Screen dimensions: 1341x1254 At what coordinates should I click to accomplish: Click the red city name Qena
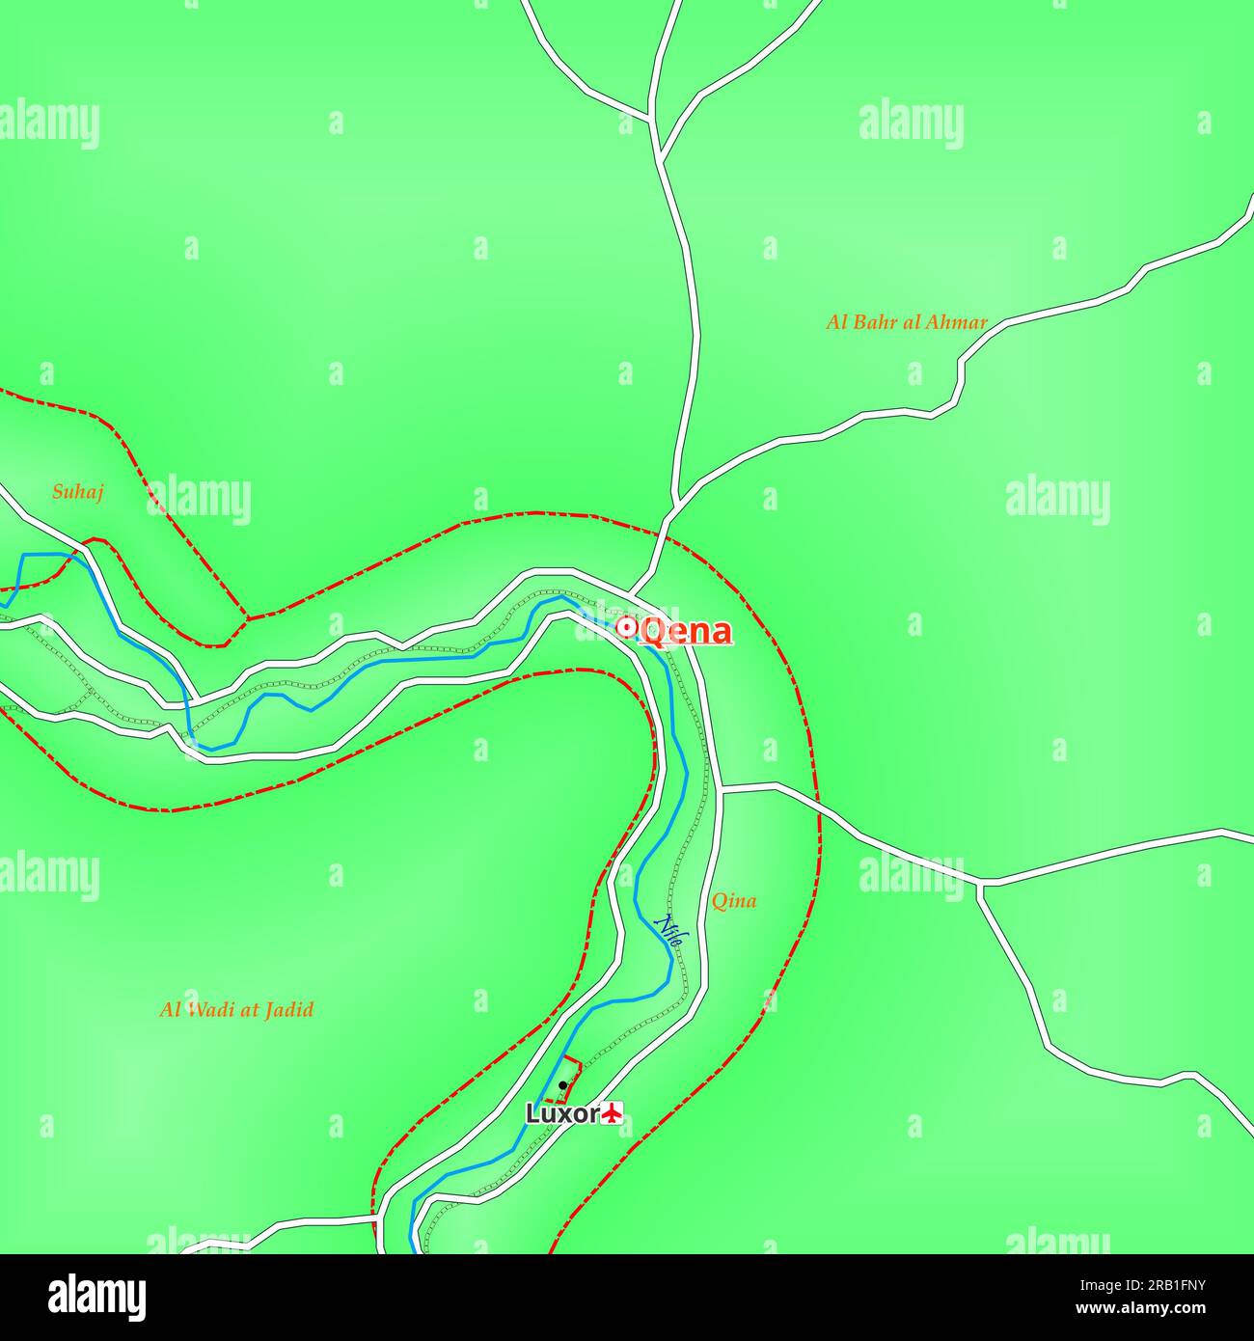pyautogui.click(x=685, y=631)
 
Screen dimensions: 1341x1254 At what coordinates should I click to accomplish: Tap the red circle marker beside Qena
pyautogui.click(x=626, y=629)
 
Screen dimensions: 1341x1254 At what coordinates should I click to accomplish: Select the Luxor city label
pyautogui.click(x=562, y=1113)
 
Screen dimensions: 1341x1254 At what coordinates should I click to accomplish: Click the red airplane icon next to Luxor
pyautogui.click(x=612, y=1113)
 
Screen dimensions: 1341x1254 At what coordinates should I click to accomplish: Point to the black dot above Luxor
pyautogui.click(x=562, y=1085)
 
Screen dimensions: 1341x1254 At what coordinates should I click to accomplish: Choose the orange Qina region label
pyautogui.click(x=733, y=901)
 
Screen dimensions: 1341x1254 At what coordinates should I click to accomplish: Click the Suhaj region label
pyautogui.click(x=77, y=492)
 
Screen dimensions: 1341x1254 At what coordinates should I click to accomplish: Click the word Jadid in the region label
pyautogui.click(x=290, y=1010)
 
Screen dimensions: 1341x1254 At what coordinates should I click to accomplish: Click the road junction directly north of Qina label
pyautogui.click(x=721, y=789)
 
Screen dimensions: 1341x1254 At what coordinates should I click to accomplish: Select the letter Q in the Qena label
pyautogui.click(x=653, y=632)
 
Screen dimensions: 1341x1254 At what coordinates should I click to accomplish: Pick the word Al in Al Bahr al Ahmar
pyautogui.click(x=836, y=322)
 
